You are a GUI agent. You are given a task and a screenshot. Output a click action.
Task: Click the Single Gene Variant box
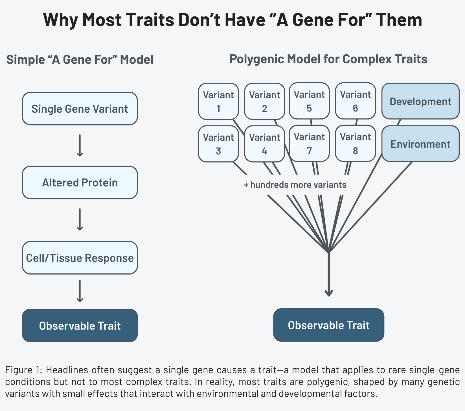[80, 109]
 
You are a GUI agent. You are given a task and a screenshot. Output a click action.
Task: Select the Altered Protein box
[80, 182]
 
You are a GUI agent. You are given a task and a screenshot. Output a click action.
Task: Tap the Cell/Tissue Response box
[80, 258]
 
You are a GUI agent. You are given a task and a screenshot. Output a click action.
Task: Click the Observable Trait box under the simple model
[80, 325]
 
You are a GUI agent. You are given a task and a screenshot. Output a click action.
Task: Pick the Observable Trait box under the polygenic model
[329, 325]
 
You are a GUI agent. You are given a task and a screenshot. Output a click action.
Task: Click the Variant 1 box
[218, 101]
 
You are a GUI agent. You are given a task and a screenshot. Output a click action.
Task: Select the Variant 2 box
[264, 101]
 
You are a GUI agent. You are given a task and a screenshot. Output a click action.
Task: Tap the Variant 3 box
[218, 144]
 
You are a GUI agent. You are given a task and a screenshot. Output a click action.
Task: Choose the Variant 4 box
[264, 144]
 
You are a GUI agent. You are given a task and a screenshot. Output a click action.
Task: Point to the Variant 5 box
[309, 101]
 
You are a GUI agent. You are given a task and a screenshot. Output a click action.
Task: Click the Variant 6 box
[355, 101]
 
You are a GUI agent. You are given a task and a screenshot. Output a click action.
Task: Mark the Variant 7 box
[309, 143]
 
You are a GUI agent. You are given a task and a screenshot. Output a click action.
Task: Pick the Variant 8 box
[355, 143]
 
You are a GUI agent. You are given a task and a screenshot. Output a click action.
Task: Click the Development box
[420, 101]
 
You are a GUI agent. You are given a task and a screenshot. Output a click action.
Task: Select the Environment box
[420, 144]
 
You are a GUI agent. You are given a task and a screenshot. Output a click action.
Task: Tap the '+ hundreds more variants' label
[295, 185]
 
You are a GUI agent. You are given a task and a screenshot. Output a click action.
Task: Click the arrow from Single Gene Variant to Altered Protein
[80, 145]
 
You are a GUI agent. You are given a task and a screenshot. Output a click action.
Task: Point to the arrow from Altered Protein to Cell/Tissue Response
[80, 219]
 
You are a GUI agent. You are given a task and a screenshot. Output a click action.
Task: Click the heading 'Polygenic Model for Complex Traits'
[328, 59]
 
